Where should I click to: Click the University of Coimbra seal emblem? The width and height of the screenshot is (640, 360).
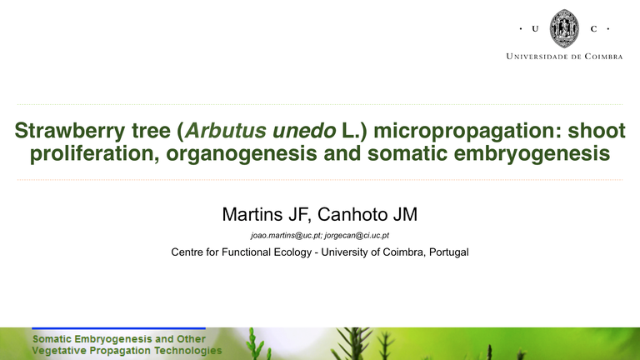[564, 28]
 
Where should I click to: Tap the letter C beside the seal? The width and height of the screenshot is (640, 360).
[594, 29]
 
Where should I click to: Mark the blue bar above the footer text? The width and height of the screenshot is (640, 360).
[118, 328]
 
